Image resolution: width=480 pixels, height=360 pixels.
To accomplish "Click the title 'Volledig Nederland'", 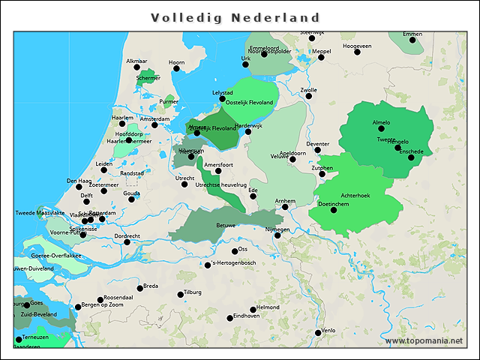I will pyautogui.click(x=235, y=17).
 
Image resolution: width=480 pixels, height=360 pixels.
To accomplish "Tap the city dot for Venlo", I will pyautogui.click(x=319, y=332).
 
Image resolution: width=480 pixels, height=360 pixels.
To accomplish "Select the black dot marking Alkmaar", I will pyautogui.click(x=137, y=67).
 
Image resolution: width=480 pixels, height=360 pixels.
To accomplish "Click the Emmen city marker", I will pyautogui.click(x=412, y=40).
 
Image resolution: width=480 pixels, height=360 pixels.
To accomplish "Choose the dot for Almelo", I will pyautogui.click(x=381, y=129).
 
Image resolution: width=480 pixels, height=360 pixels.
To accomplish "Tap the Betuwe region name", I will pyautogui.click(x=226, y=225).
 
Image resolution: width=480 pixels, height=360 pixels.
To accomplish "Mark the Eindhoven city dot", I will pyautogui.click(x=230, y=319).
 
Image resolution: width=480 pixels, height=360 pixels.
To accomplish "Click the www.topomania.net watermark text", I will pyautogui.click(x=424, y=341).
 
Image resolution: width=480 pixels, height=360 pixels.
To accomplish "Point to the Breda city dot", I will pyautogui.click(x=139, y=288).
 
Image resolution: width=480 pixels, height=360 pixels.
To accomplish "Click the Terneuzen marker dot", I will pyautogui.click(x=19, y=340).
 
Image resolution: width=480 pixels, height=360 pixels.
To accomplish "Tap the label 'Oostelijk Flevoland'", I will pyautogui.click(x=250, y=102).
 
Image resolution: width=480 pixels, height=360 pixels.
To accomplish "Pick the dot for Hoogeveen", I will pyautogui.click(x=357, y=52).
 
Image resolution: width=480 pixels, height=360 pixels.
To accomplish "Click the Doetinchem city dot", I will pyautogui.click(x=334, y=210).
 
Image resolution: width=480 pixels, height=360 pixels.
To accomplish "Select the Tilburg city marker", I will pyautogui.click(x=181, y=295).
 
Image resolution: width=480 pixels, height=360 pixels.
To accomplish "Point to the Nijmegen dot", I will pyautogui.click(x=277, y=235).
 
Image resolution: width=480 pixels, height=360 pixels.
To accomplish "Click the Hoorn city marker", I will pyautogui.click(x=177, y=69).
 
